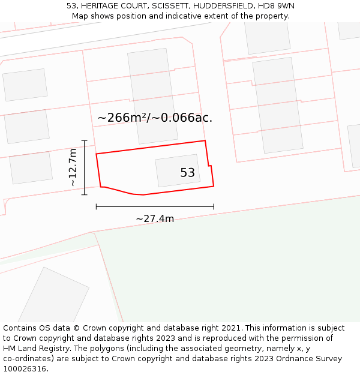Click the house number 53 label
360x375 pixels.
[187, 173]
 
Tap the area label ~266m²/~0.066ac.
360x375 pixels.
[155, 118]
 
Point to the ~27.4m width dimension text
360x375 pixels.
[155, 219]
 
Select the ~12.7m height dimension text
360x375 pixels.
[73, 167]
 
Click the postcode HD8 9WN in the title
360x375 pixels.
[276, 6]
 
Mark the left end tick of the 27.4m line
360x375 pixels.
[97, 206]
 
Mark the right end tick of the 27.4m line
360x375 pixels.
[214, 206]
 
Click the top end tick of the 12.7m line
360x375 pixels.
[85, 141]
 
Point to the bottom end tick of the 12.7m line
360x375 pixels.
[85, 194]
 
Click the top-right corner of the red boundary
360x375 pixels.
[205, 141]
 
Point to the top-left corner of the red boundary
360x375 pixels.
[97, 154]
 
